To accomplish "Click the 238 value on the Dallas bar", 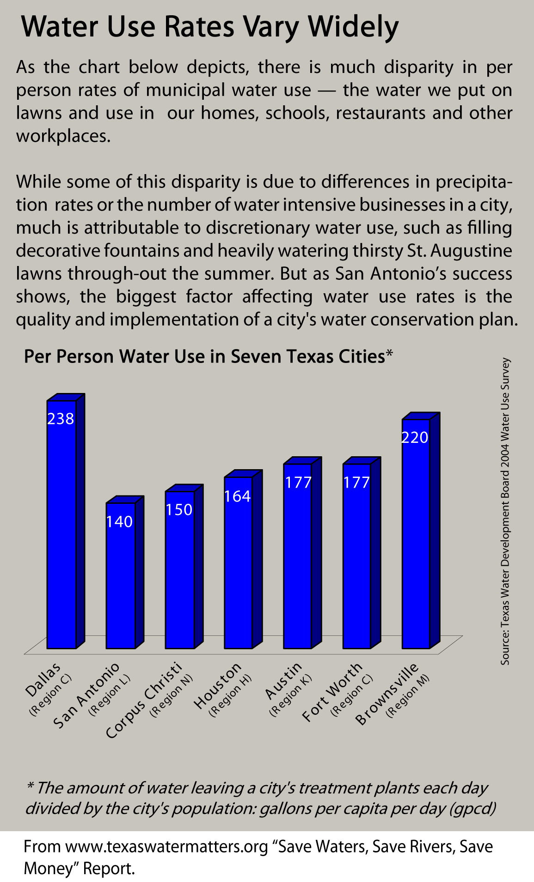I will click(x=61, y=419).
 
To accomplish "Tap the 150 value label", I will click(x=179, y=510).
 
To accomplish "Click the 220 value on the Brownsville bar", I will click(x=415, y=437).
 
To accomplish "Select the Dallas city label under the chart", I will click(x=43, y=679).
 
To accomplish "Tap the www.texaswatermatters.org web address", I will click(x=167, y=846).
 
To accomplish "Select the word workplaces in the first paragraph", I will click(x=63, y=136).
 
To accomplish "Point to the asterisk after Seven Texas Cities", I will click(x=389, y=354).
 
